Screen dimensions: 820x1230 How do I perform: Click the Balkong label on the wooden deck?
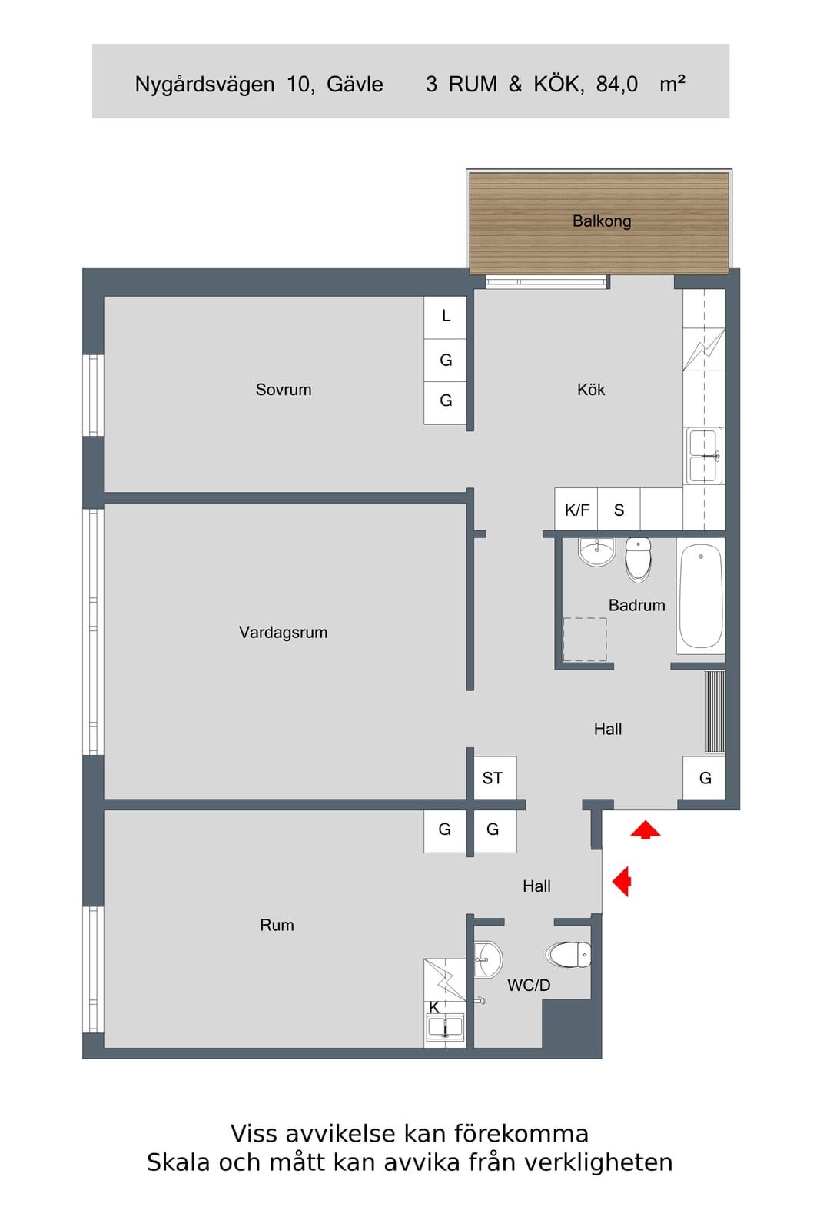601,221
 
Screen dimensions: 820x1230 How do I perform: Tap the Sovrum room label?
284,389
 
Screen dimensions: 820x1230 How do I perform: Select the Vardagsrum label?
284,632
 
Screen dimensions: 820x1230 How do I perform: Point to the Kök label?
590,389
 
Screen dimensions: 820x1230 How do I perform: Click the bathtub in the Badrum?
700,597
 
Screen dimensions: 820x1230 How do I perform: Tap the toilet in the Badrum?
639,559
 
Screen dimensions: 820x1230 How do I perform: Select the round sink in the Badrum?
596,551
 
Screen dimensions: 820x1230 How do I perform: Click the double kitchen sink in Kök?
704,456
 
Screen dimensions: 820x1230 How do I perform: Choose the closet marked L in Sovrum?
445,317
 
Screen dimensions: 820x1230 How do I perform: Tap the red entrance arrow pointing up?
645,829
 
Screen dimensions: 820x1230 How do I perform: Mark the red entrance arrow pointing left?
621,882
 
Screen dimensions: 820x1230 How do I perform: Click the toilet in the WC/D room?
569,955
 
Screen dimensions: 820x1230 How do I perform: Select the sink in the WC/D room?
488,959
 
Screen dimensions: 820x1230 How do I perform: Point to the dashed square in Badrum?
585,639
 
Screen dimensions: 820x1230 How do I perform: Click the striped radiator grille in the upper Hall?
715,711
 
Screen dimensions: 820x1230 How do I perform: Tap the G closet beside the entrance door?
704,777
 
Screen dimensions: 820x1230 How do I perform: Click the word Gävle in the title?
354,84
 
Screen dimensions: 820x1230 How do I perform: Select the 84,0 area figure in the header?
617,84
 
